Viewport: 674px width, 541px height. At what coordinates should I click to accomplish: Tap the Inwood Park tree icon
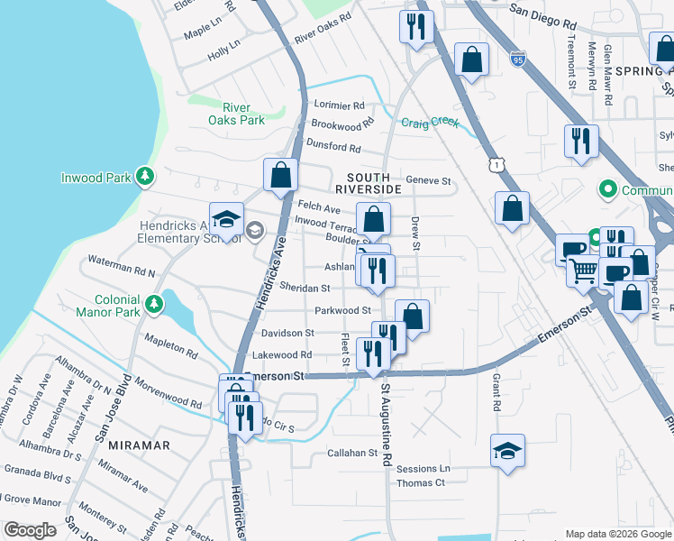144,177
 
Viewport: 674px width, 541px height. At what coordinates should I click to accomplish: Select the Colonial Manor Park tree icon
155,305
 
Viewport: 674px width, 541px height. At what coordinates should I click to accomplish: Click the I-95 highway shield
516,60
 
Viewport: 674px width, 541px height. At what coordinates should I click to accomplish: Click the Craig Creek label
430,123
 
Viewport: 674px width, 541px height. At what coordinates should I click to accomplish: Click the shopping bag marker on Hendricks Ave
281,173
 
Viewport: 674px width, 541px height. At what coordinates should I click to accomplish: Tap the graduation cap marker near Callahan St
508,449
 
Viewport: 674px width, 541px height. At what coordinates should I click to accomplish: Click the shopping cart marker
584,269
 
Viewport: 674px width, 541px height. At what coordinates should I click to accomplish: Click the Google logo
31,530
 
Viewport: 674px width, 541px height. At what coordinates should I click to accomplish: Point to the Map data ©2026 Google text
617,534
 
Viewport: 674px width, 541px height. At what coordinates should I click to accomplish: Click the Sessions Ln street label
423,469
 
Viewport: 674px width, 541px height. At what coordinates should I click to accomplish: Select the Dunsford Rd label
333,148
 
